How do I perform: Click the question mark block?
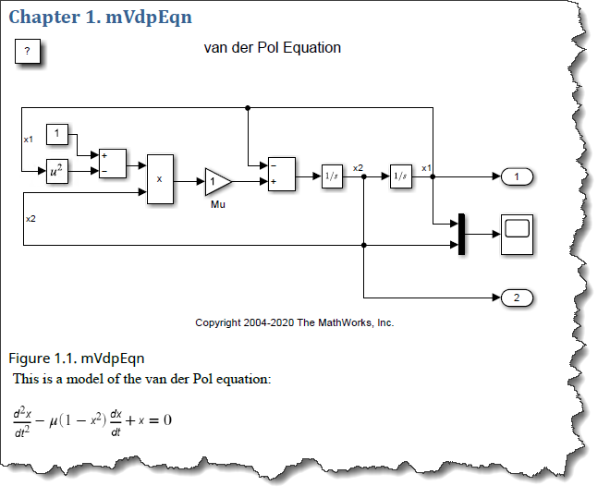click(28, 52)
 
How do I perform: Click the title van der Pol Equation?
click(272, 48)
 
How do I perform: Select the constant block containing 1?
click(57, 136)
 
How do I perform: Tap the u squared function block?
click(57, 170)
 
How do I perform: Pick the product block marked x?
click(160, 178)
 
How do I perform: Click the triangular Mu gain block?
click(216, 180)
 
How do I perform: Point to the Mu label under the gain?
click(217, 204)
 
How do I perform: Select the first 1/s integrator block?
click(332, 176)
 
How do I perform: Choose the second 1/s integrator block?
click(400, 176)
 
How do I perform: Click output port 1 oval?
click(518, 176)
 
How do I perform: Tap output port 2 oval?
click(518, 298)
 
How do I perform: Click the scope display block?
click(517, 234)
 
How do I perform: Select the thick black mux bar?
click(459, 234)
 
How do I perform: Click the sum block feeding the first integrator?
click(281, 174)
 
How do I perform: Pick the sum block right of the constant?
click(113, 164)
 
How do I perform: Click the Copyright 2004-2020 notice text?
click(295, 322)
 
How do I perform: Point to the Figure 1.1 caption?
click(76, 358)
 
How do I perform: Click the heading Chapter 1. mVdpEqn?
click(99, 17)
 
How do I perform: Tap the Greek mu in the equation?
click(54, 420)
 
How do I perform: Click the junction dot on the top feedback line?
click(248, 108)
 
